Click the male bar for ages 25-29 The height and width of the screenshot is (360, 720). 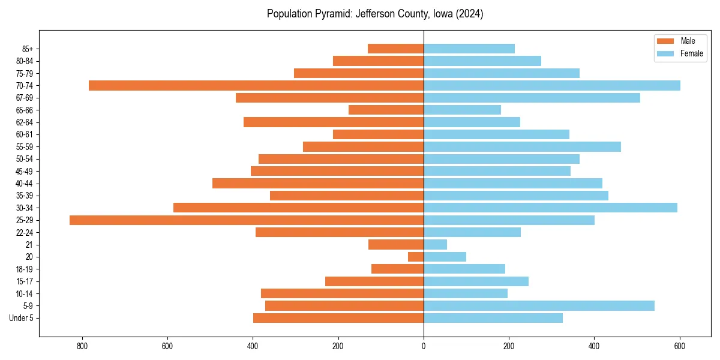[x=247, y=220]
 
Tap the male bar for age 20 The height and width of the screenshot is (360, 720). [x=416, y=257]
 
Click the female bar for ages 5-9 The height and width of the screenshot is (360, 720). [x=539, y=306]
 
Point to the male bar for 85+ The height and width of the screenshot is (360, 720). [x=395, y=49]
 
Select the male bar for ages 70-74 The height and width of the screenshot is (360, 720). [x=256, y=86]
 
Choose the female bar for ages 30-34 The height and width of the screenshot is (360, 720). [x=550, y=208]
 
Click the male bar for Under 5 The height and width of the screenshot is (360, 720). [x=338, y=318]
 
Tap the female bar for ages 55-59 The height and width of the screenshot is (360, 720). [x=522, y=147]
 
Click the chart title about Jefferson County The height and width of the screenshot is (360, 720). [x=375, y=14]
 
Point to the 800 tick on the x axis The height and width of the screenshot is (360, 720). [x=82, y=346]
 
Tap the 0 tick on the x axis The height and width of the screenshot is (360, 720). [x=424, y=346]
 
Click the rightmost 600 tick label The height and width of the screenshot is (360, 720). [x=680, y=346]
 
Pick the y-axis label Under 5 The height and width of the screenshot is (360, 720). [x=21, y=318]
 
